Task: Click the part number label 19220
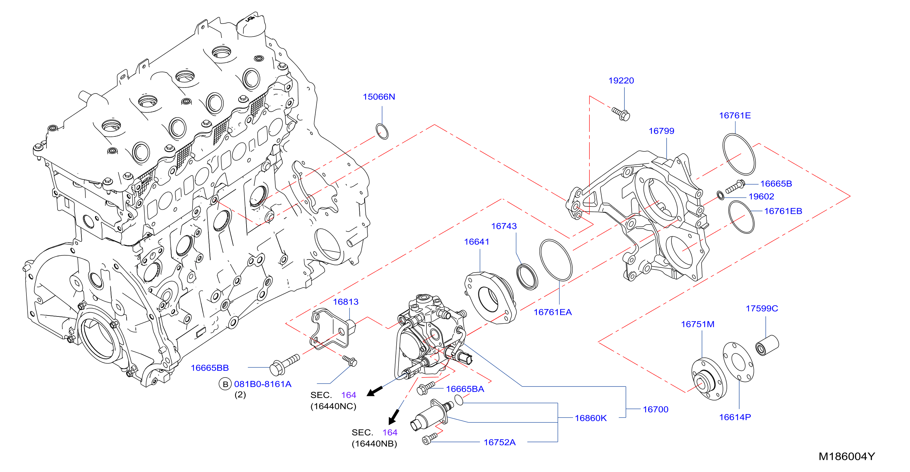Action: point(621,81)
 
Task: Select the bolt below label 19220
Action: point(621,114)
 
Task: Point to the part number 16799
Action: point(661,131)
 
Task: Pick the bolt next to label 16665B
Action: point(735,186)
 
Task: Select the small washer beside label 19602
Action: point(720,195)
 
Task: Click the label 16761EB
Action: point(783,211)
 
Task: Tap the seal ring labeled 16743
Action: point(527,276)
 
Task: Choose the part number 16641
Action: point(476,242)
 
